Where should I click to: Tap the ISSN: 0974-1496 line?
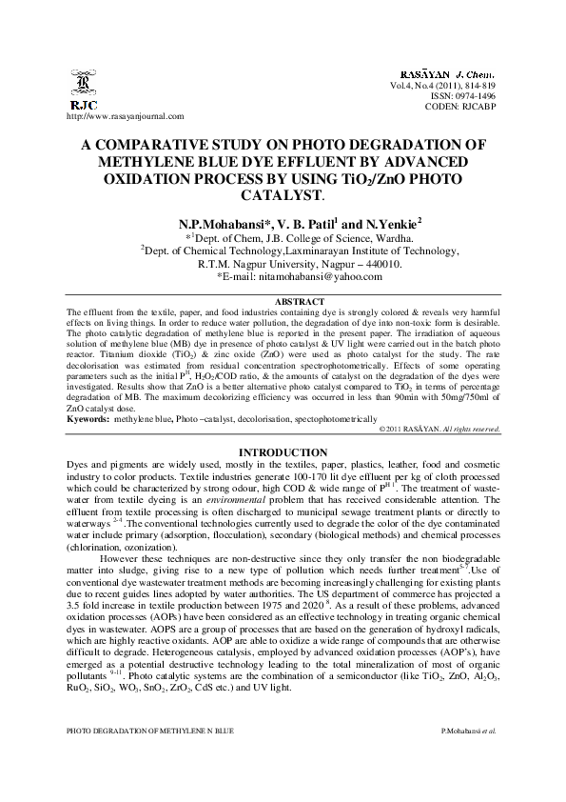[x=470, y=95]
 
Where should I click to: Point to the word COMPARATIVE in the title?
[x=187, y=145]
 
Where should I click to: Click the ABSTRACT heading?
[x=283, y=301]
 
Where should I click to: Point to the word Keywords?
[x=87, y=419]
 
